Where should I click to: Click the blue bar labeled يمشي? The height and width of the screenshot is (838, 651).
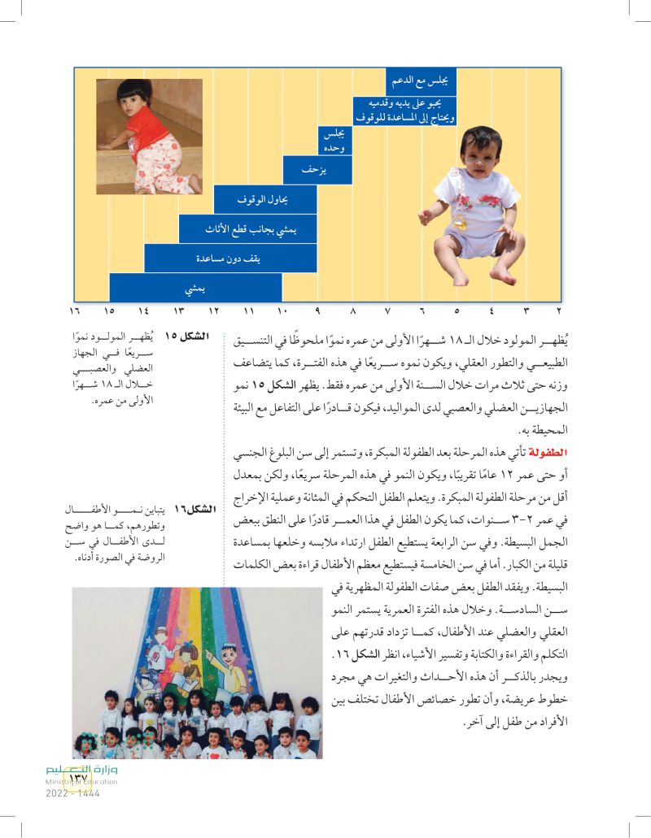pos(195,288)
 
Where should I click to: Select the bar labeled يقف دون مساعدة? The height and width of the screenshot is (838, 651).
pos(230,258)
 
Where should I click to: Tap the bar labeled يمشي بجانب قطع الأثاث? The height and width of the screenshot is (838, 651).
pos(248,229)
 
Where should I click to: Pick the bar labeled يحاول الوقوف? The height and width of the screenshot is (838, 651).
pos(265,199)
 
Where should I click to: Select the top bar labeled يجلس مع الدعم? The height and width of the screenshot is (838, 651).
pos(421,82)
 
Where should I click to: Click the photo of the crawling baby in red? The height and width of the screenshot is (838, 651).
pos(149,137)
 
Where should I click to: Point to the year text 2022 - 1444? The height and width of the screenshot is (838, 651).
pos(70,793)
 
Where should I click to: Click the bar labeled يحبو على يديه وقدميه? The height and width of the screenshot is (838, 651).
pos(403,111)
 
